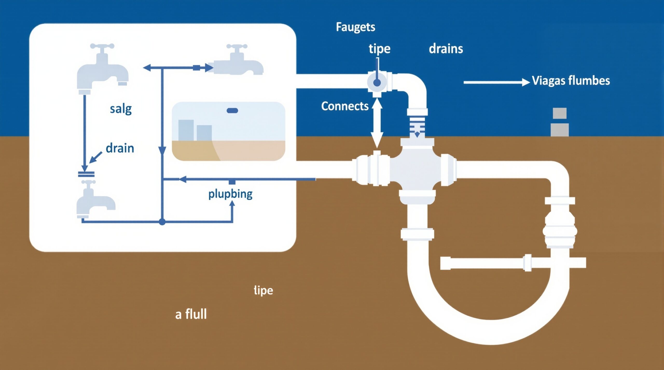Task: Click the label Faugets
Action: tap(355, 27)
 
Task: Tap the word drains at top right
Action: tap(446, 49)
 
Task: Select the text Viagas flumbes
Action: tap(571, 81)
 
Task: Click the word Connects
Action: tap(345, 106)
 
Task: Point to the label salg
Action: tap(121, 109)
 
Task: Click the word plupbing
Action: tap(230, 194)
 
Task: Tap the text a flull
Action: tap(191, 314)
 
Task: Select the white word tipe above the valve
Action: tap(379, 49)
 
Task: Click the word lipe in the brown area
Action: tap(263, 290)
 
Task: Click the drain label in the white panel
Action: tap(120, 148)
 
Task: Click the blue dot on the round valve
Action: tap(377, 83)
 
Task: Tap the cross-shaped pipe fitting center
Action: tap(417, 170)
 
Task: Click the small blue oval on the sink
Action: tap(232, 111)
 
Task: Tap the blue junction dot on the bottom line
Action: tap(162, 222)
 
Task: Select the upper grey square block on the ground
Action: tap(559, 113)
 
